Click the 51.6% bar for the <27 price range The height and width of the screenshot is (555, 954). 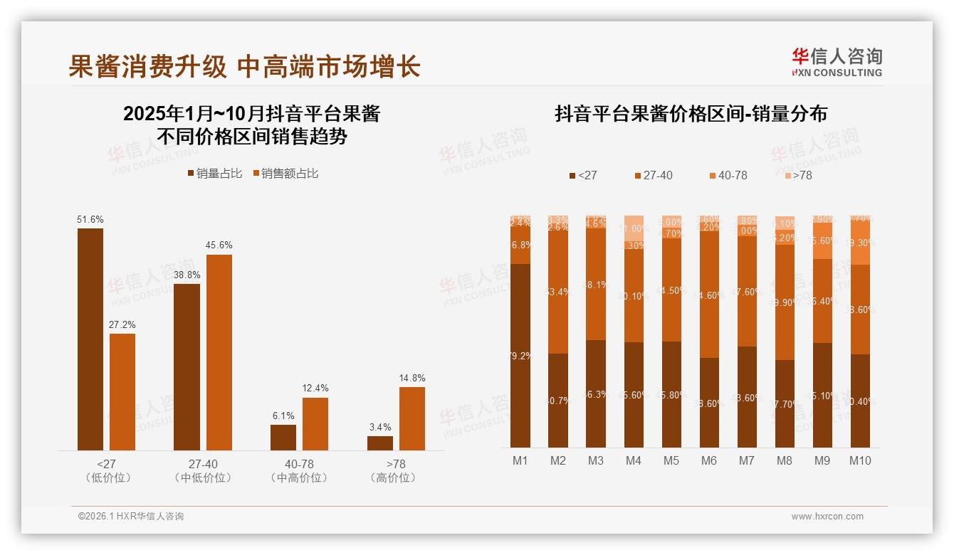[x=90, y=339]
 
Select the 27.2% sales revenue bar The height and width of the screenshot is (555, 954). [x=122, y=391]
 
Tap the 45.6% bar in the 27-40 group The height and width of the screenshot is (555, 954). [x=219, y=352]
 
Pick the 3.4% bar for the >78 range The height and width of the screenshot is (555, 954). [x=380, y=443]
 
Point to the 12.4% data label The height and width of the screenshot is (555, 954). [x=315, y=388]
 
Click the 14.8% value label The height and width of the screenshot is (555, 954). [x=412, y=378]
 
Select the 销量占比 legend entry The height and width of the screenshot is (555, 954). [x=214, y=174]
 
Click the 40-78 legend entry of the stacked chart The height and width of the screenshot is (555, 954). [x=728, y=175]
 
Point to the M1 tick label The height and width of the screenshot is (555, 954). [x=520, y=460]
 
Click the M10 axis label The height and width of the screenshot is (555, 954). [x=860, y=460]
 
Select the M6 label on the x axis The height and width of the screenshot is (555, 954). [x=708, y=460]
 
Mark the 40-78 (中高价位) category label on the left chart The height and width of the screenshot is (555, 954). [x=300, y=471]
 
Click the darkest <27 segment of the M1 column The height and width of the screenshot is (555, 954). [x=520, y=356]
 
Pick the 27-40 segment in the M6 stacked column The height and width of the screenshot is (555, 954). [x=709, y=294]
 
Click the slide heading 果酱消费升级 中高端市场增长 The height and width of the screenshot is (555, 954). [x=244, y=66]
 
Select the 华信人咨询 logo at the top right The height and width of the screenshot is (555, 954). [x=837, y=62]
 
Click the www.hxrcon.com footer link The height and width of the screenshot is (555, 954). [x=827, y=517]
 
